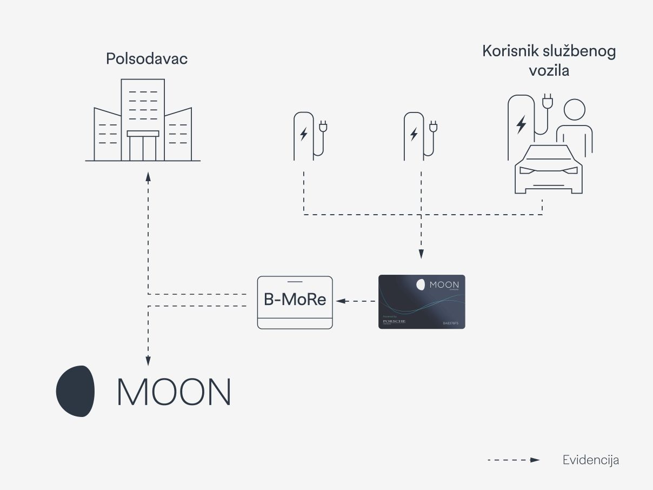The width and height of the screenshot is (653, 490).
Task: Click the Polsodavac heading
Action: [x=146, y=58]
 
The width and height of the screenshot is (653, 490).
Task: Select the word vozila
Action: [x=549, y=71]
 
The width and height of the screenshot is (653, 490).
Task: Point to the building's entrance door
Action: [x=143, y=147]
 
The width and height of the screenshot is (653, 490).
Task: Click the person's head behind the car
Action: [x=574, y=110]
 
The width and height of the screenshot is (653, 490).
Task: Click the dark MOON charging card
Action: [x=422, y=302]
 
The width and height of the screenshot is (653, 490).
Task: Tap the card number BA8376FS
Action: [x=450, y=323]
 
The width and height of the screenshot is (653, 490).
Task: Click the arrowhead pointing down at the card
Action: [x=421, y=254]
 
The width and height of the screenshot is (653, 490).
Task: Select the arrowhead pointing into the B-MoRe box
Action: [x=339, y=300]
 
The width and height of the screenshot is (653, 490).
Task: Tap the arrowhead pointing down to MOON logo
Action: [x=148, y=361]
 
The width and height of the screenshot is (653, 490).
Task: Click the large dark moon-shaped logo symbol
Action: [x=76, y=391]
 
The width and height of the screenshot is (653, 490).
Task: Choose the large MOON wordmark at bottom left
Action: [x=174, y=392]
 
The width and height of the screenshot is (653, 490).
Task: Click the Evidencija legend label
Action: [x=590, y=460]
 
